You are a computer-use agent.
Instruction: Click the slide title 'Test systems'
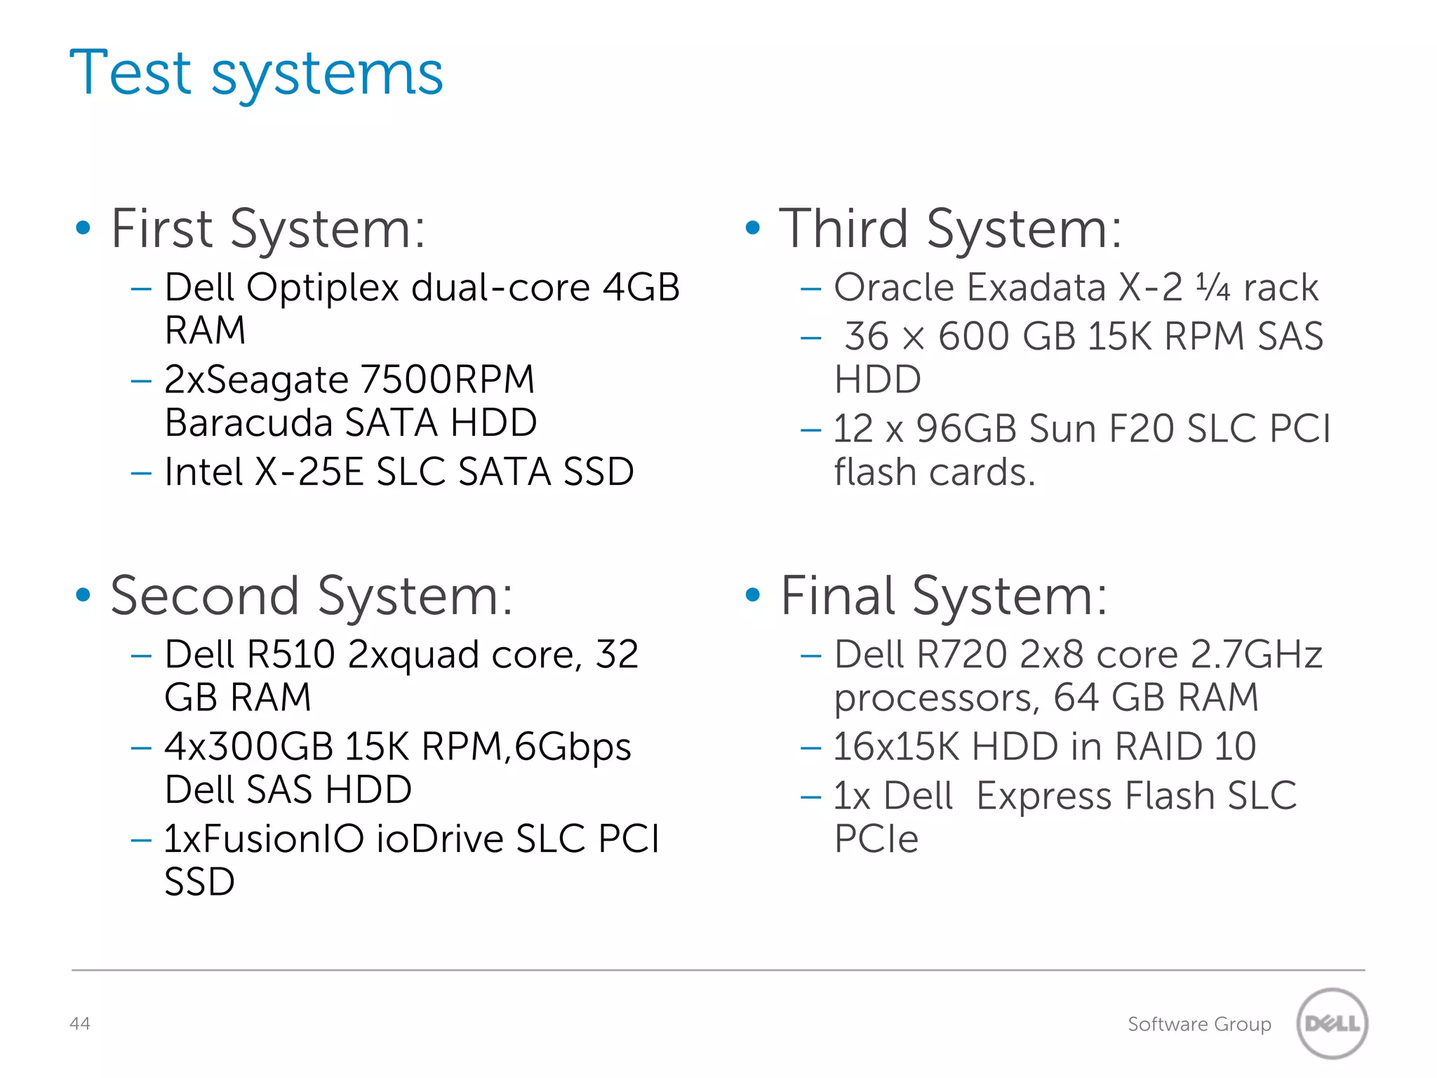click(x=256, y=73)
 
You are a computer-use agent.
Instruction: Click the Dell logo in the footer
click(x=1332, y=1023)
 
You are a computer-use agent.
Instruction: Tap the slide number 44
click(x=80, y=1023)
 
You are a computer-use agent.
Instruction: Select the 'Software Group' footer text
click(x=1199, y=1024)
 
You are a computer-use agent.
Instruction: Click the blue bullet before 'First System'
click(x=83, y=227)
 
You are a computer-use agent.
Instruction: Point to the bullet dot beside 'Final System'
click(x=753, y=595)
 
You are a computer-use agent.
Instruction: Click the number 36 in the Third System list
click(x=867, y=336)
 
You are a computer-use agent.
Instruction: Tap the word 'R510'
click(x=291, y=654)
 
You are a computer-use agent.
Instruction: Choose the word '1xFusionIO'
click(x=264, y=839)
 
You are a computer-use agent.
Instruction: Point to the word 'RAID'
click(x=1158, y=746)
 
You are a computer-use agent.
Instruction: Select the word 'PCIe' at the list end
click(x=876, y=839)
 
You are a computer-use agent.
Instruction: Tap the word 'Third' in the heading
click(x=844, y=229)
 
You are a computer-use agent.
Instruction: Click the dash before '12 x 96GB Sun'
click(x=810, y=429)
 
